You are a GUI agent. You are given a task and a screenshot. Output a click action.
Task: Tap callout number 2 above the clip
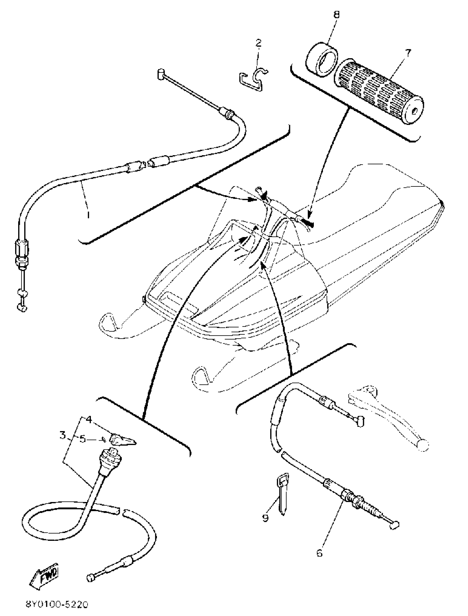point(259,43)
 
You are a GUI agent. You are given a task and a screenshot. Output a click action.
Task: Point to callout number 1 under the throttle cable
point(88,215)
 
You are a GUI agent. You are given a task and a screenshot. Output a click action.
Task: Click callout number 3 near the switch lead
point(63,434)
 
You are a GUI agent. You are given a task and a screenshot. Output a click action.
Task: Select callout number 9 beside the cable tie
point(265,518)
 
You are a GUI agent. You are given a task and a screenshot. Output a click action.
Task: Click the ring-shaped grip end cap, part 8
point(322,60)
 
